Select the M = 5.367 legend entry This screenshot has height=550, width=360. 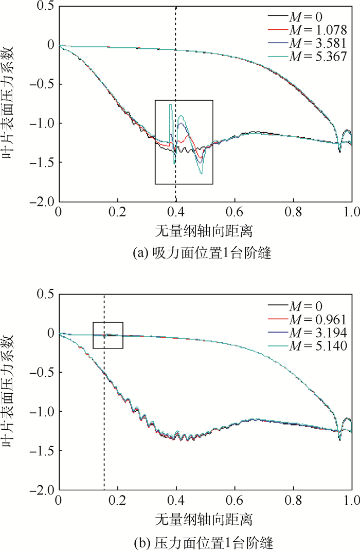pyautogui.click(x=318, y=53)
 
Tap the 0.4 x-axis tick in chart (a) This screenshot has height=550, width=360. pyautogui.click(x=176, y=212)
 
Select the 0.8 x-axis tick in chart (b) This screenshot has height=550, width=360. pyautogui.click(x=293, y=500)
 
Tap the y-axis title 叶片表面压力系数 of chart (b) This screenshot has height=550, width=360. pyautogui.click(x=10, y=391)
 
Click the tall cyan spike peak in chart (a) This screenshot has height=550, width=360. pyautogui.click(x=170, y=104)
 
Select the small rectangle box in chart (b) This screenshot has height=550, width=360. pyautogui.click(x=108, y=335)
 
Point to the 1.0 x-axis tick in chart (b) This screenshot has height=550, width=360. pyautogui.click(x=352, y=500)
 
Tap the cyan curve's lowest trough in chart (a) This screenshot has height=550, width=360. pyautogui.click(x=202, y=174)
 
